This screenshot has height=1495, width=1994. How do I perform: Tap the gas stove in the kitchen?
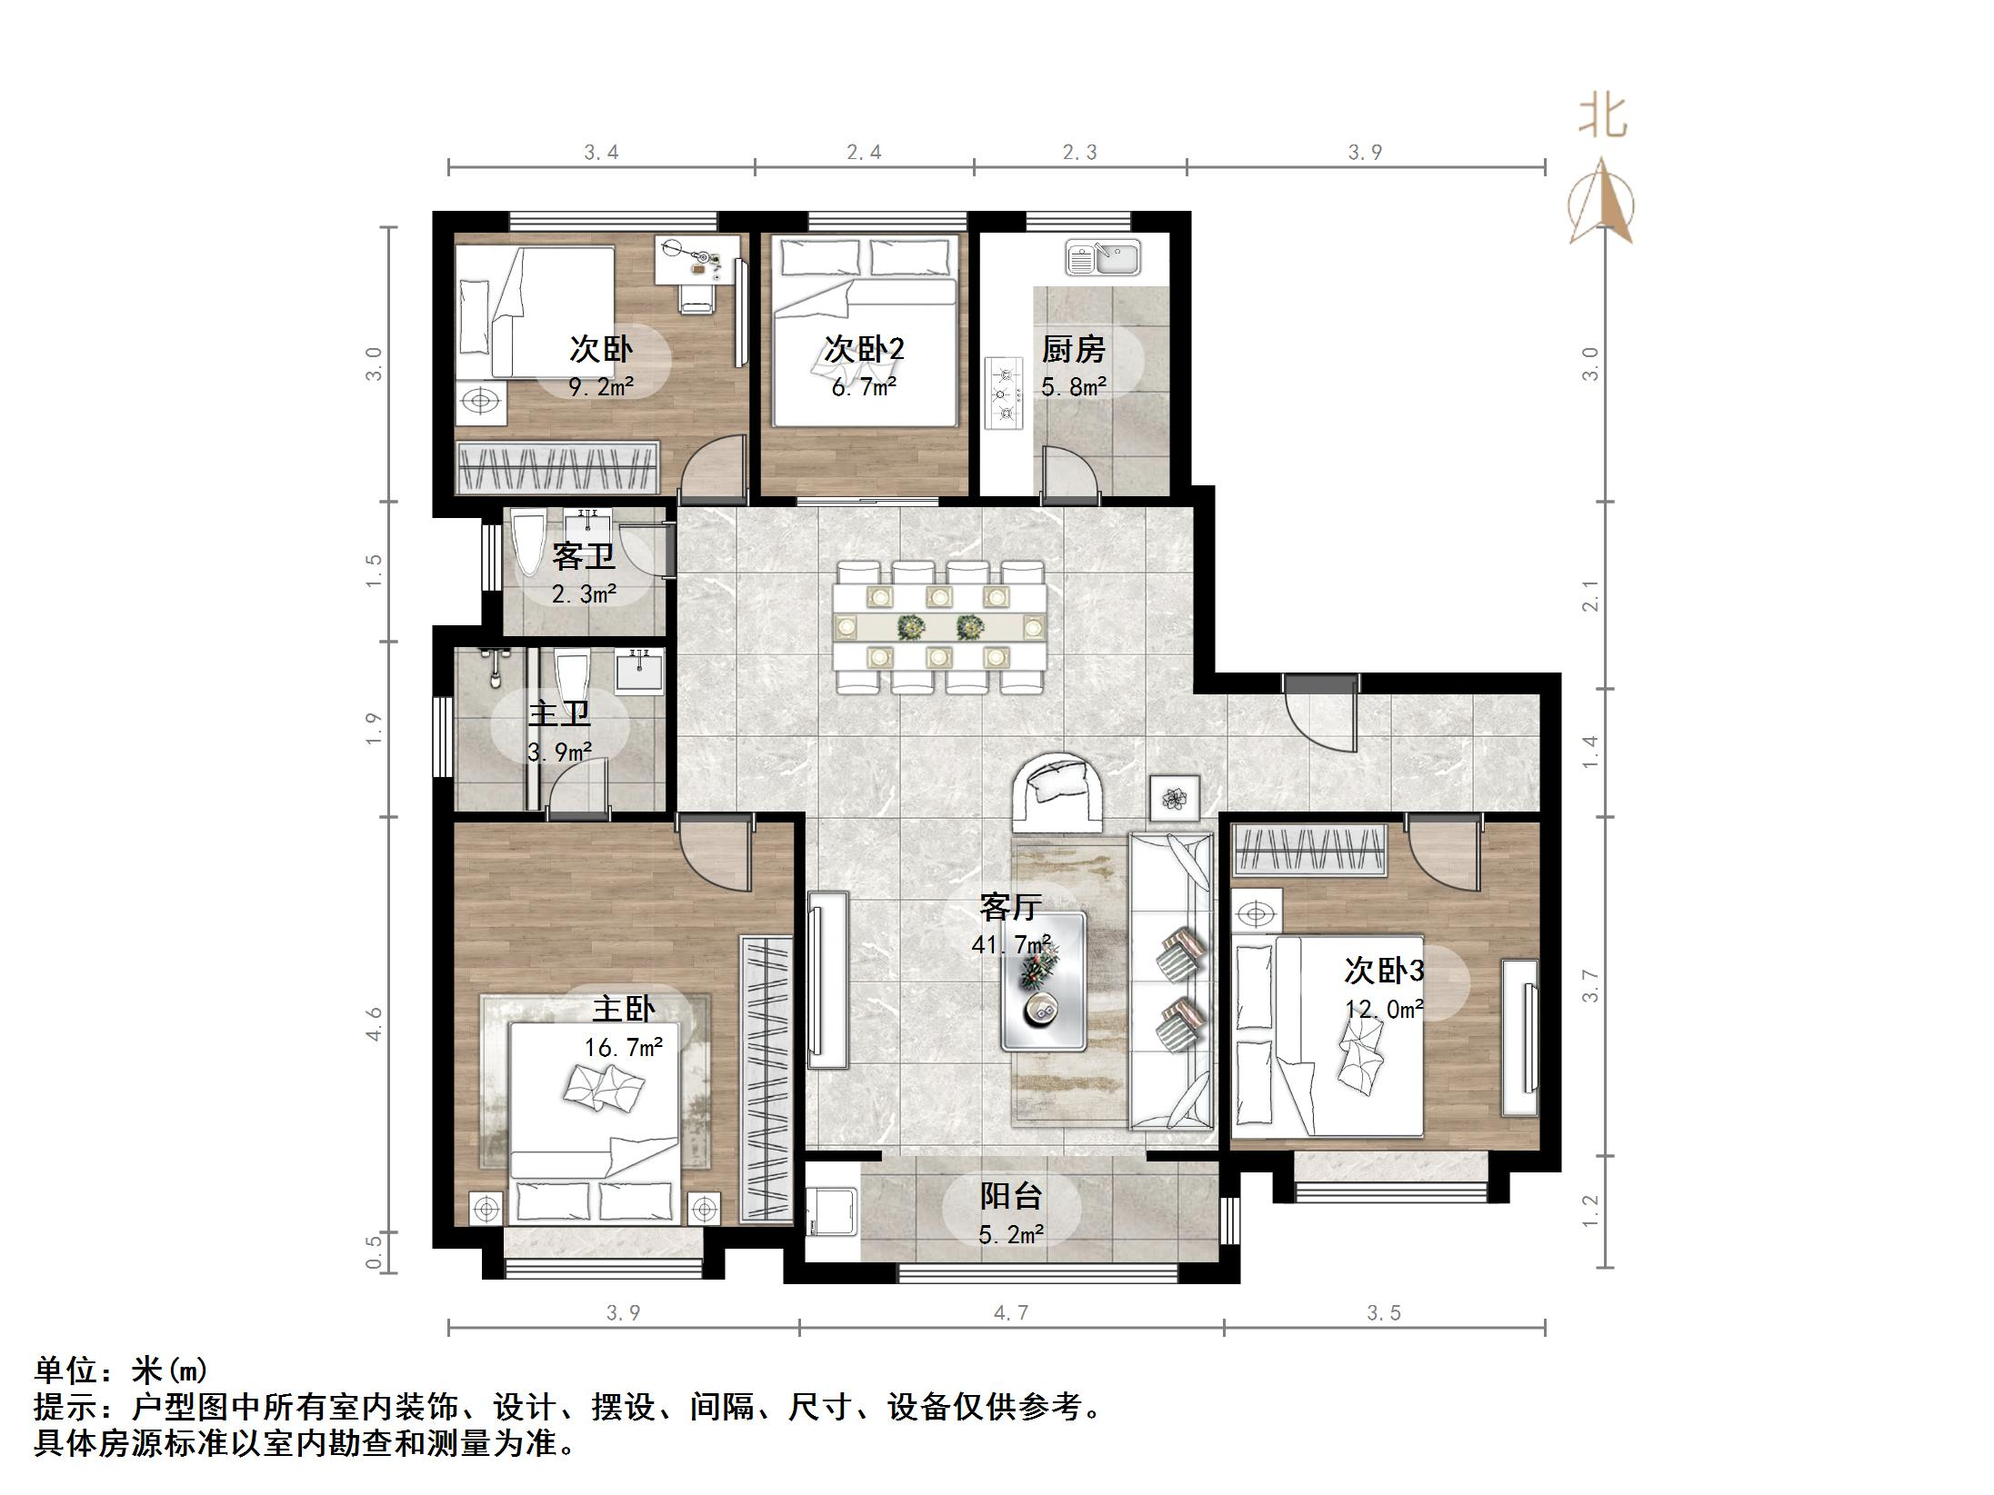coord(1005,394)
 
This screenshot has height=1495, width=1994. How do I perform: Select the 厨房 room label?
coord(1073,349)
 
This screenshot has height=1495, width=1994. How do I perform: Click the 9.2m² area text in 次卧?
coord(601,388)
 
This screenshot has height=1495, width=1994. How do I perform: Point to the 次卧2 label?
coord(864,349)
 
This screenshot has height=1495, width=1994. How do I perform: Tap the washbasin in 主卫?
coord(640,673)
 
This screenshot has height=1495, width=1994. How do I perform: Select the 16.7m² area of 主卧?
coord(624,1048)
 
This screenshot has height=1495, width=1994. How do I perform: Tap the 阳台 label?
coord(1010,1196)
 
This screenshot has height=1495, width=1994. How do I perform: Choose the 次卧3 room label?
coord(1384,971)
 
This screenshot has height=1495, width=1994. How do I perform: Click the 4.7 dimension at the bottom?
coord(1011,1312)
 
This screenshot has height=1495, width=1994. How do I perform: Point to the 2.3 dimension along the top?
coord(1080,152)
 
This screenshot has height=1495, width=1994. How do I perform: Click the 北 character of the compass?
coord(1602,117)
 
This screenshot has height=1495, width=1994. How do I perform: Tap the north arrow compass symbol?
coord(1602,204)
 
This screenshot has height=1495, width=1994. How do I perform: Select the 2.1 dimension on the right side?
coord(1590,595)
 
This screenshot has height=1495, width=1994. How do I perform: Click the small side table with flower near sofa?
coord(1176,799)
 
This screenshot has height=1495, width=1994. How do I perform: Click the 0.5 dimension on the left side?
coord(374,1252)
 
